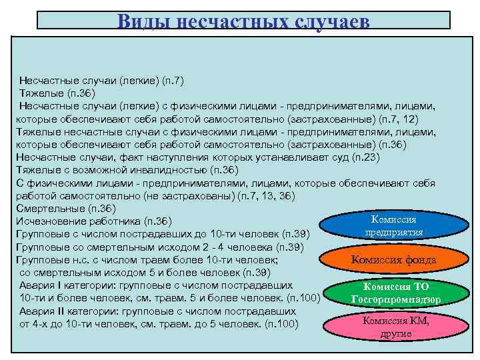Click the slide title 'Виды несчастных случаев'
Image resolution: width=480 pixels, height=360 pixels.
pyautogui.click(x=243, y=21)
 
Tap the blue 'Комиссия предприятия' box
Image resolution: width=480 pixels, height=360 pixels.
pyautogui.click(x=394, y=225)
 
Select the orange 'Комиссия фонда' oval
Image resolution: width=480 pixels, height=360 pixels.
pyautogui.click(x=393, y=260)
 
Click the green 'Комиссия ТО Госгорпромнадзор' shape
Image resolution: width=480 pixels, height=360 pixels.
pyautogui.click(x=393, y=293)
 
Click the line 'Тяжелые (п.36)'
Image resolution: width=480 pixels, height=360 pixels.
pyautogui.click(x=58, y=93)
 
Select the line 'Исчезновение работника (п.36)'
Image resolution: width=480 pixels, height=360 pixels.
pyautogui.click(x=94, y=221)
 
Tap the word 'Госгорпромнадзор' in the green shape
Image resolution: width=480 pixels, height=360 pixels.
pyautogui.click(x=395, y=299)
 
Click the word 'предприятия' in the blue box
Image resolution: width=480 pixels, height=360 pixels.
pyautogui.click(x=394, y=232)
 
